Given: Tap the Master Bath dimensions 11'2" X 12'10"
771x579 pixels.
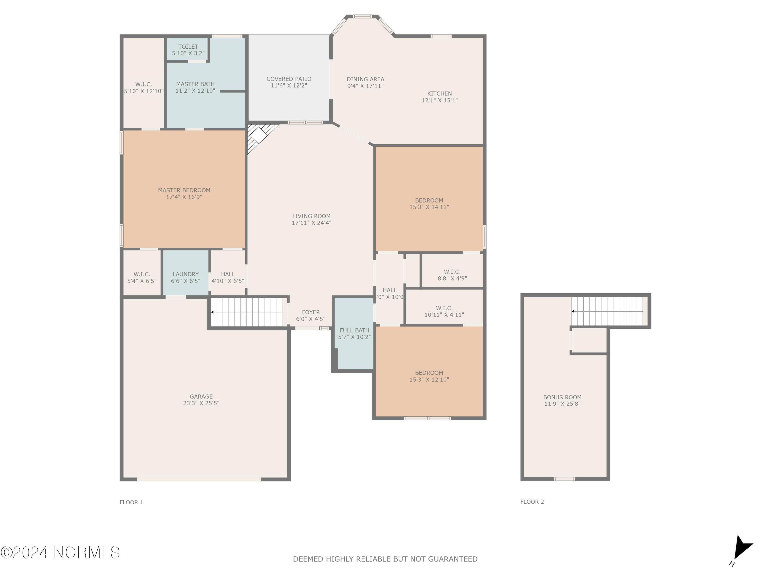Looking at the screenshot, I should click(195, 91).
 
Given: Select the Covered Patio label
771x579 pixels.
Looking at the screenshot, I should click(289, 79).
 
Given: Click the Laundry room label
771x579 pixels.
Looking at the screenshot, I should click(186, 274).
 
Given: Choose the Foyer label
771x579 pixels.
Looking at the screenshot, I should click(310, 312).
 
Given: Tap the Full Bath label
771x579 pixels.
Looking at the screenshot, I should click(354, 330).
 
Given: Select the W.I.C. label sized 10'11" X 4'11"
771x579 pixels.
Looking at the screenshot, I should click(444, 308).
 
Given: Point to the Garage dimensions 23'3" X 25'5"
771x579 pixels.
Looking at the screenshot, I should click(201, 403).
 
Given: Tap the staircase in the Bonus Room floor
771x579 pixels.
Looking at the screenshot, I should click(608, 311).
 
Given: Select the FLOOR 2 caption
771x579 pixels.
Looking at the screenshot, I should click(532, 502).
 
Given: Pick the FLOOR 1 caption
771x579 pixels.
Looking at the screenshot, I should click(131, 503).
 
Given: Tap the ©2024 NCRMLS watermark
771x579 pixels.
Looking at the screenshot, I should click(60, 553).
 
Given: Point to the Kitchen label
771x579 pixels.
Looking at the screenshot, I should click(439, 93).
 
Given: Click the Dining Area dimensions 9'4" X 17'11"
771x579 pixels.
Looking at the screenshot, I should click(365, 86).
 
